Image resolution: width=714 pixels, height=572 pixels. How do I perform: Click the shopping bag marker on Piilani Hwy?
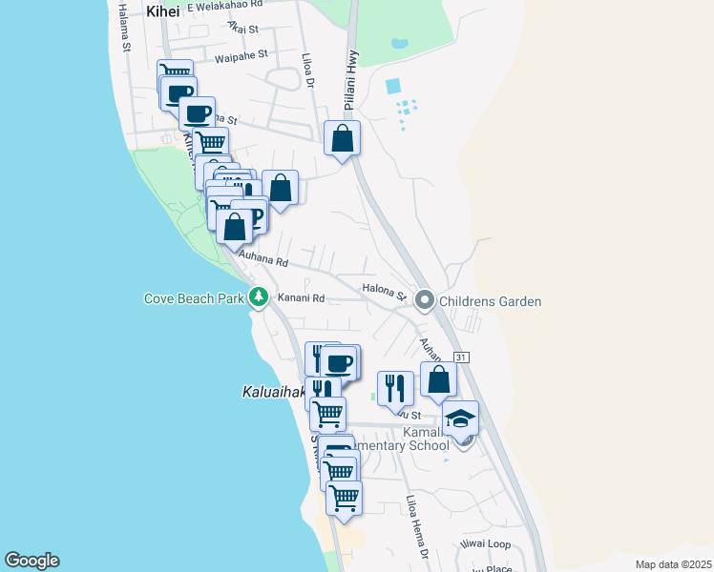coord(342,139)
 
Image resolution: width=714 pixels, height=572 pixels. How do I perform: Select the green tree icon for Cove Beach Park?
coord(258,298)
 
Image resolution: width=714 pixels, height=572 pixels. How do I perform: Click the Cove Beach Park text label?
coord(195,298)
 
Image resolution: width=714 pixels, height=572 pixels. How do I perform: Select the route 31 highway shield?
coord(462,357)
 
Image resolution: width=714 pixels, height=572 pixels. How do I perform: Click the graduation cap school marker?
coord(461,419)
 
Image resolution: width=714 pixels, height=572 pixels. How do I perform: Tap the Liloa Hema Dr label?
coord(416,526)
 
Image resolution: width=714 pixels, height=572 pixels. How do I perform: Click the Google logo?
coord(31,561)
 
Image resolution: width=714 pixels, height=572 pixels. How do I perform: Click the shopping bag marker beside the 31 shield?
coord(438,379)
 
